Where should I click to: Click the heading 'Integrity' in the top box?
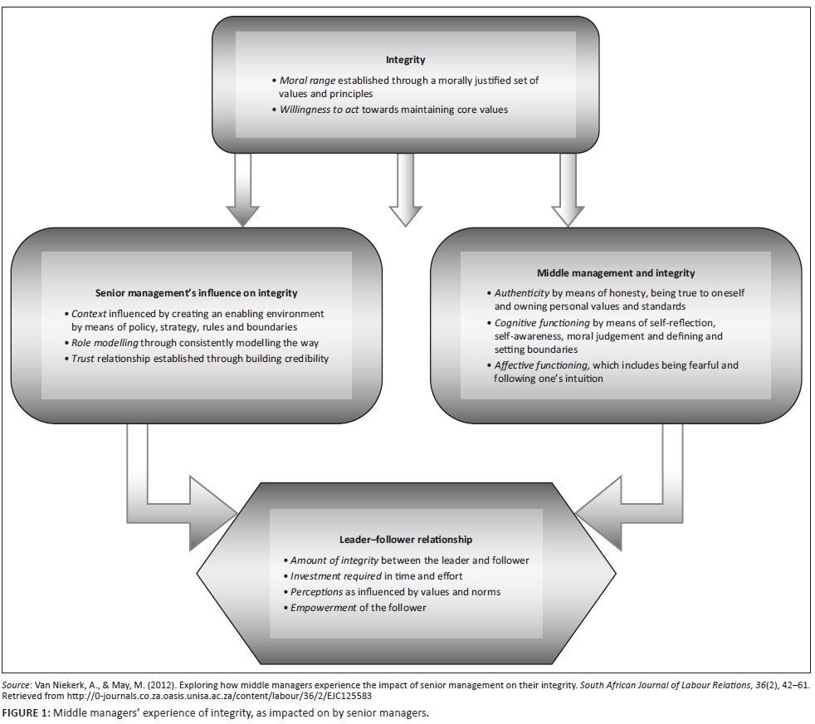pyautogui.click(x=405, y=60)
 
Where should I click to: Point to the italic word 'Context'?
pyautogui.click(x=90, y=314)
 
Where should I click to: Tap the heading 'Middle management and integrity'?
pyautogui.click(x=616, y=272)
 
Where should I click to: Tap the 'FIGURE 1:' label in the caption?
pyautogui.click(x=25, y=713)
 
